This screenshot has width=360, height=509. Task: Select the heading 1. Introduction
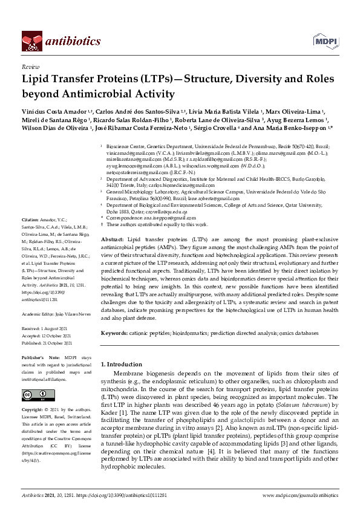[121, 365]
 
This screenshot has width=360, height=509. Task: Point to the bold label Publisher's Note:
[39, 357]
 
